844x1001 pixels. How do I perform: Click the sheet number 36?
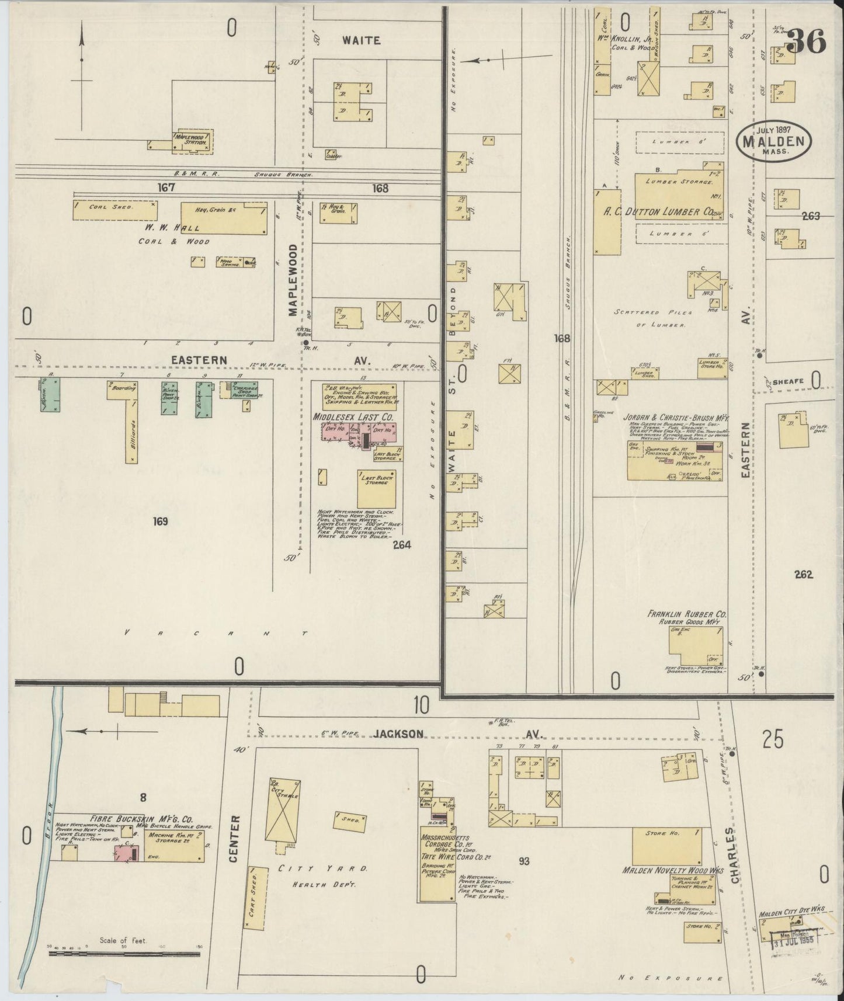(806, 41)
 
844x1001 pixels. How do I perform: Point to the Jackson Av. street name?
(399, 734)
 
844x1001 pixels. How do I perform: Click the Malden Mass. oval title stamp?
(774, 141)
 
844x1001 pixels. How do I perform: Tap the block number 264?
(402, 545)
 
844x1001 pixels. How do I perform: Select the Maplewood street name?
(293, 280)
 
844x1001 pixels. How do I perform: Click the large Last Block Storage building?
(376, 488)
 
